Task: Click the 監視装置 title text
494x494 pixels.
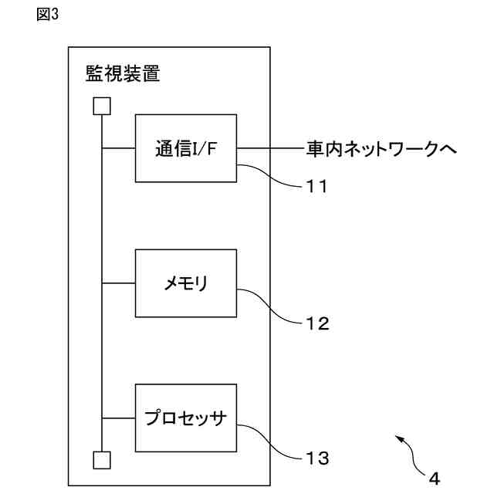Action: click(x=123, y=75)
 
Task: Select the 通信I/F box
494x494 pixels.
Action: click(x=185, y=148)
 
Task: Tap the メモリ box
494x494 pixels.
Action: click(x=185, y=283)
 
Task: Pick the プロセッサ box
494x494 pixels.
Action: click(x=185, y=418)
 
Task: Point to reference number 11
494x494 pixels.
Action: click(x=313, y=186)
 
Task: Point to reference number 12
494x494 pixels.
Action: click(x=313, y=323)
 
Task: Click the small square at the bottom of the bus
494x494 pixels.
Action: click(x=101, y=461)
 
